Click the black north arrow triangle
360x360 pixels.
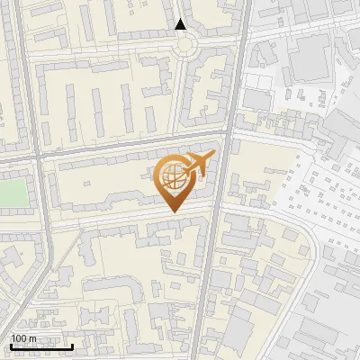[181, 24]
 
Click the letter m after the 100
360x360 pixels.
[32, 338]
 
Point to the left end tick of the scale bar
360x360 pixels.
[10, 346]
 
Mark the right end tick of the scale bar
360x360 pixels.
[73, 346]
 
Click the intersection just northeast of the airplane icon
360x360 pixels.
[227, 134]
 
